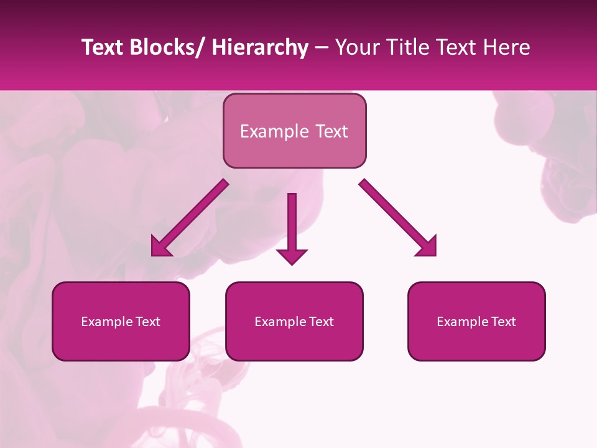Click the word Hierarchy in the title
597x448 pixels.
(260, 47)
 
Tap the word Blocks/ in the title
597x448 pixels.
(165, 47)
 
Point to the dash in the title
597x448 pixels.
(322, 49)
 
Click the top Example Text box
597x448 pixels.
(294, 131)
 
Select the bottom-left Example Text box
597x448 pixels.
(121, 321)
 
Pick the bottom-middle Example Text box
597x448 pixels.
(294, 321)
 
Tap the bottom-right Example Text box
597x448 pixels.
(476, 321)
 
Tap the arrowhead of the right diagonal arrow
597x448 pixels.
(428, 248)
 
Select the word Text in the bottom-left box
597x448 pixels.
(147, 322)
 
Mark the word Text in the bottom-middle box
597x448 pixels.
(321, 322)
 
